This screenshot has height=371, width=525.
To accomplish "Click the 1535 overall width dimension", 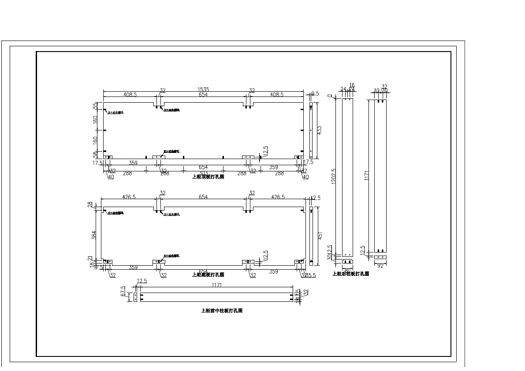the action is [203, 89].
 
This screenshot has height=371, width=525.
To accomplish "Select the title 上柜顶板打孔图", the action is [208, 177].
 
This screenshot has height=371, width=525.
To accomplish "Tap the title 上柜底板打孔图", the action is [208, 275].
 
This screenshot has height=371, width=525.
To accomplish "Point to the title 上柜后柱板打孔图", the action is [351, 274].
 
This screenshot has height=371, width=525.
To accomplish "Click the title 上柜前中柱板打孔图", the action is [222, 311].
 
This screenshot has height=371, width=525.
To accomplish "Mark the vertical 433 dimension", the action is [320, 130].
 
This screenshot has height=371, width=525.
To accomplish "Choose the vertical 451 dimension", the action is [320, 236].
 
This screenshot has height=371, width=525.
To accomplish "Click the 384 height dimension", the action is [94, 235].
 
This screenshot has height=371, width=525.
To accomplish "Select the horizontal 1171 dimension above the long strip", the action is [216, 285].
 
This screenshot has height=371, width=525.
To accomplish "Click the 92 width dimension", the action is [380, 266].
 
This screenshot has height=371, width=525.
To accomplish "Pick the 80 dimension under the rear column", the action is [347, 270].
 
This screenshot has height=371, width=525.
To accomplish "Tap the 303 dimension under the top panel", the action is [204, 173].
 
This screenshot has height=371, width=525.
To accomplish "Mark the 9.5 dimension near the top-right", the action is [315, 93].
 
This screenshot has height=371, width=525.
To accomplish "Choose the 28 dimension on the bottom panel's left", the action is [90, 204].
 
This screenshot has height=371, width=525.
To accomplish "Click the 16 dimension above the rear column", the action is [352, 85].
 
